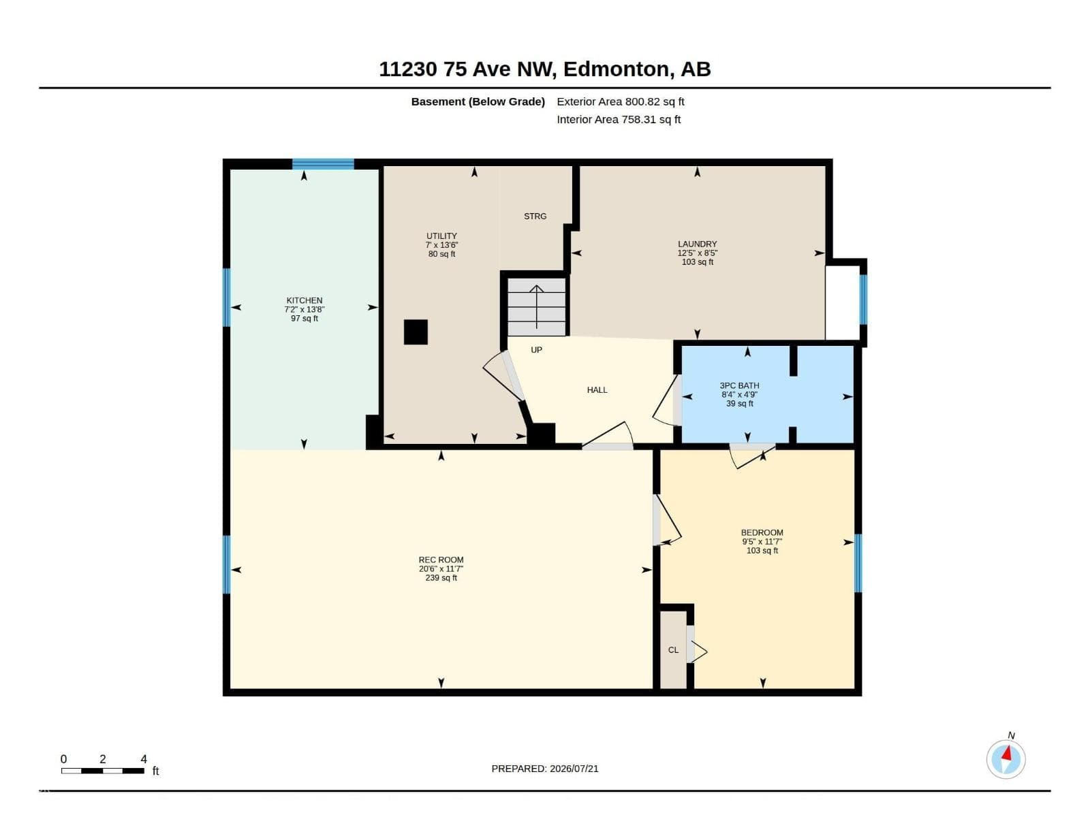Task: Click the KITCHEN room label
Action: pyautogui.click(x=304, y=300)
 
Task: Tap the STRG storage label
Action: pyautogui.click(x=535, y=217)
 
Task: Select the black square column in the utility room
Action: pyautogui.click(x=415, y=332)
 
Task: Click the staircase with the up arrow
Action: pyautogui.click(x=536, y=306)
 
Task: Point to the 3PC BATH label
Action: pyautogui.click(x=739, y=385)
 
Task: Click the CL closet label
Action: pyautogui.click(x=673, y=650)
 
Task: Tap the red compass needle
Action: pyautogui.click(x=1007, y=754)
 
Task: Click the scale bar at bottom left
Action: pyautogui.click(x=103, y=771)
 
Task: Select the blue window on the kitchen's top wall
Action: pyautogui.click(x=323, y=164)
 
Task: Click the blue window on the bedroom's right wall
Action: pyautogui.click(x=858, y=563)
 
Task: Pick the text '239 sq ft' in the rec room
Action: pyautogui.click(x=441, y=578)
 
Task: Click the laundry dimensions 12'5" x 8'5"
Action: pyautogui.click(x=697, y=253)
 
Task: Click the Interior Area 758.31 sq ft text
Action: pyautogui.click(x=619, y=120)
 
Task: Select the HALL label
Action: pyautogui.click(x=597, y=390)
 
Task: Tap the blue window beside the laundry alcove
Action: pyautogui.click(x=864, y=299)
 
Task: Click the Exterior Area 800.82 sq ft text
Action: pyautogui.click(x=620, y=101)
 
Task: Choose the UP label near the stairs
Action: pyautogui.click(x=536, y=350)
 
